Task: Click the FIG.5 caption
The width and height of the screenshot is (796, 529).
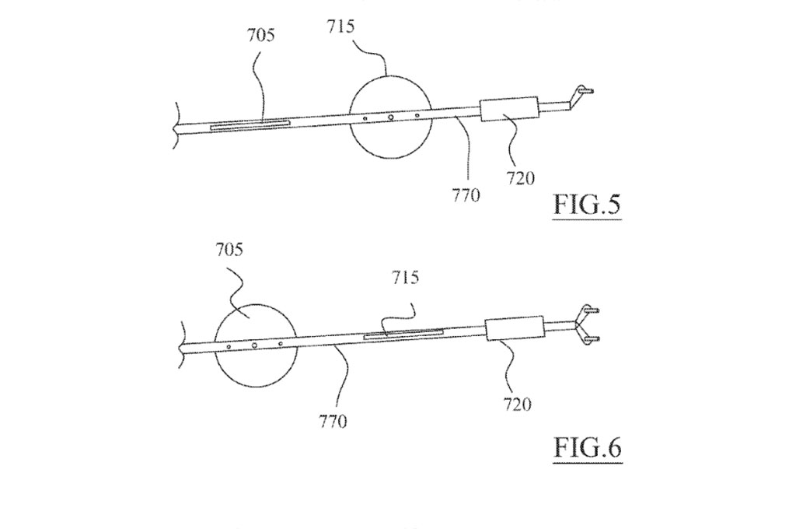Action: coord(587,205)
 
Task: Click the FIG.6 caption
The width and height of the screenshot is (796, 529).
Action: coord(588,447)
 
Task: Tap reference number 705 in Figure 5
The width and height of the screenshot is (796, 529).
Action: coord(261,35)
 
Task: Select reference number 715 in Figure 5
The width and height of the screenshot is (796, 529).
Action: coord(340,26)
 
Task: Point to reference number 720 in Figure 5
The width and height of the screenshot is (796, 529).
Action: coord(520,178)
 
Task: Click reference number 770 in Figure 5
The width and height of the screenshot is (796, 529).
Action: coord(466,194)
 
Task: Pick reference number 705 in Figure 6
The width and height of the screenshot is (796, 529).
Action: coord(229,250)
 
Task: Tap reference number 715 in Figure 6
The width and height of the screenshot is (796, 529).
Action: coord(405,278)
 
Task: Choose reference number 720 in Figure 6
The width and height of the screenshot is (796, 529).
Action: coord(517,404)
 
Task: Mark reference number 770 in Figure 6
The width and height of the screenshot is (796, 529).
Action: coord(333,422)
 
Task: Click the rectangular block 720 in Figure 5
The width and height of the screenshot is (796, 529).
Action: coord(509,109)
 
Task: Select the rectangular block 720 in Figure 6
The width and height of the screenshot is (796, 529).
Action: coord(515,328)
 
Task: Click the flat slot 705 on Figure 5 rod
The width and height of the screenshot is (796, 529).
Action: coord(250,124)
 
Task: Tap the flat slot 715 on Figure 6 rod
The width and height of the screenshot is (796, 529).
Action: coord(403,334)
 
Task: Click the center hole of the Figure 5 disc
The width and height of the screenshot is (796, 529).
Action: coord(391,117)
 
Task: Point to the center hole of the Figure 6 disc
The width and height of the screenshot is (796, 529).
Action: coord(254,345)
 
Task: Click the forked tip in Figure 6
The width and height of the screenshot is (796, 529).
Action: coord(586,324)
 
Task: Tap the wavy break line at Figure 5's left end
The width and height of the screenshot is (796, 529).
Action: coord(176,125)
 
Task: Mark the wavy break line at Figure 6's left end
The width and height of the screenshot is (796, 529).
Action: coord(180,344)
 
